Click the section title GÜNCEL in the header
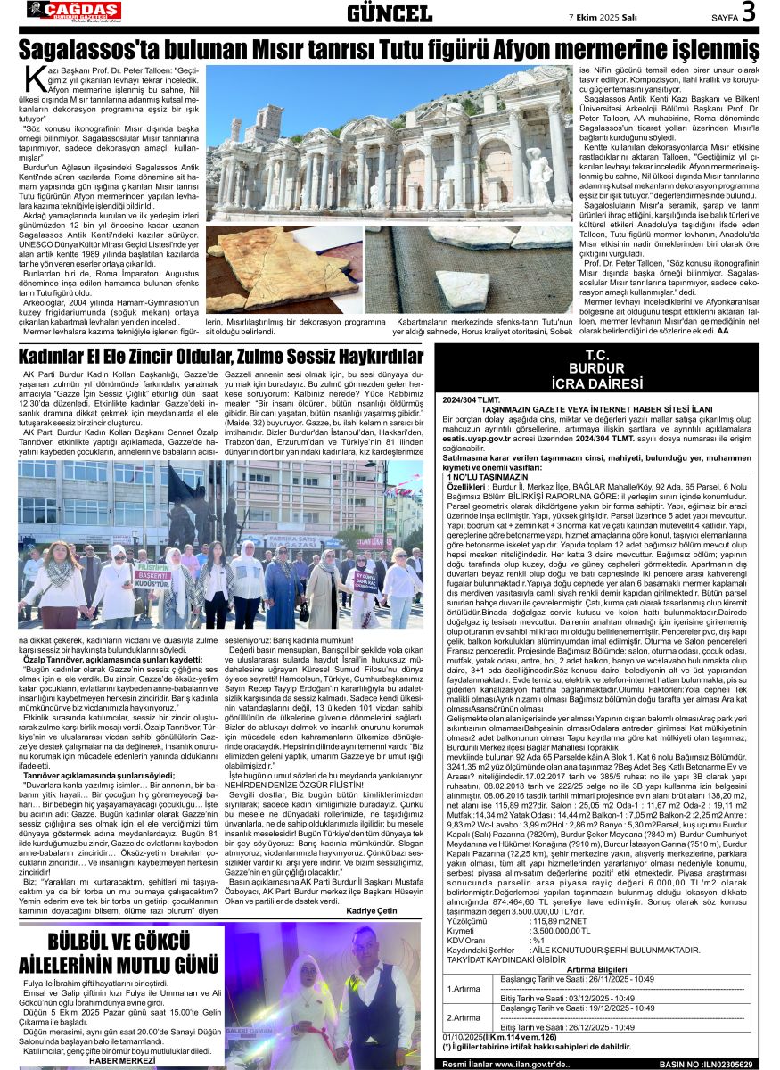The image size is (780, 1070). pyautogui.click(x=390, y=13)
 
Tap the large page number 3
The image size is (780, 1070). pyautogui.click(x=748, y=12)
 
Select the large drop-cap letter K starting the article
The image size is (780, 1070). pyautogui.click(x=35, y=79)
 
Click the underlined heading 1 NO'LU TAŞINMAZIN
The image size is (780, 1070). pyautogui.click(x=489, y=477)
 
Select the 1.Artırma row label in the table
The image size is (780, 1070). pyautogui.click(x=464, y=988)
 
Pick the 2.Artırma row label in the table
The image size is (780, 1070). pyautogui.click(x=464, y=1017)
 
